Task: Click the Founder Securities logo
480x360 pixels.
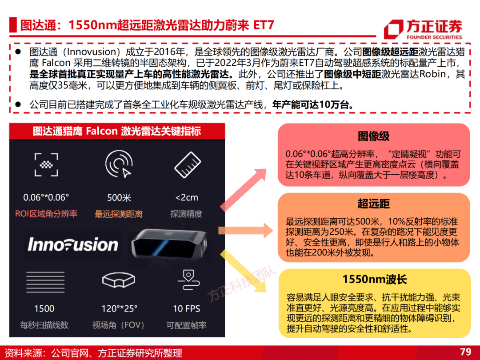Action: coord(423,29)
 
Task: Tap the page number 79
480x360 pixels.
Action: coord(465,352)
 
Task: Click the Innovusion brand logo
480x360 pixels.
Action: coord(73,244)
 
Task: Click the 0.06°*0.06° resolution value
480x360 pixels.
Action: coord(46,197)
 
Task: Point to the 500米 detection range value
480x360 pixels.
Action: coord(119,198)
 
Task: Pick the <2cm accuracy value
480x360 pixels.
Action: coord(186,198)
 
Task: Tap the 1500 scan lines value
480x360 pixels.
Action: coord(44,308)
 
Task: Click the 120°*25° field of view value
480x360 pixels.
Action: coord(120,308)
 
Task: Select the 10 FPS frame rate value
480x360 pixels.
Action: coord(186,308)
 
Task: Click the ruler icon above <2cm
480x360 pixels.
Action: coord(188,165)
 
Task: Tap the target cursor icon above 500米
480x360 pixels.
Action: coord(119,164)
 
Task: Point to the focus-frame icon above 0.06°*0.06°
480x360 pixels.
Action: coord(46,165)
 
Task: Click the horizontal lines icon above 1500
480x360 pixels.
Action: coord(45,282)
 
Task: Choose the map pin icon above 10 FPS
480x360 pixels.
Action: coord(188,280)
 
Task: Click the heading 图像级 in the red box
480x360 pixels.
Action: coord(374,136)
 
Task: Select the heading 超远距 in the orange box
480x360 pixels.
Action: coord(374,204)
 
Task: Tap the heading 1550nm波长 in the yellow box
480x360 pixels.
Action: coord(375,279)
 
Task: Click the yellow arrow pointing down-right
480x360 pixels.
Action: coord(243,271)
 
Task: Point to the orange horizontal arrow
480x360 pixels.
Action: coord(245,231)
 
